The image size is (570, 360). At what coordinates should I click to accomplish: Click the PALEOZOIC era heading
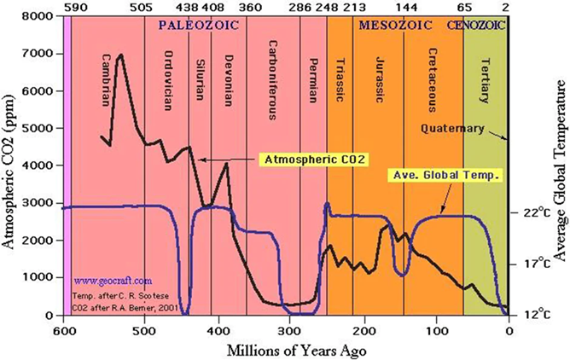click(x=195, y=25)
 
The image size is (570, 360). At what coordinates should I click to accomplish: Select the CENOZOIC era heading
click(x=476, y=25)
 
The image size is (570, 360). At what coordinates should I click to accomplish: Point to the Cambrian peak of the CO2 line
click(x=120, y=55)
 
